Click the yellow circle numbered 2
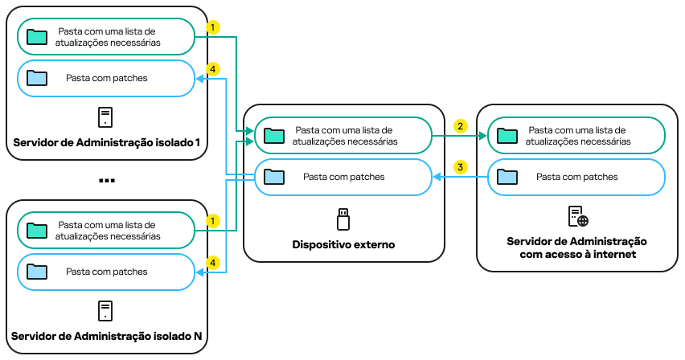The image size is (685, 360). [460, 126]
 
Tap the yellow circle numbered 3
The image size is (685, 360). [460, 167]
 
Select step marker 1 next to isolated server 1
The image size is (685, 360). [212, 27]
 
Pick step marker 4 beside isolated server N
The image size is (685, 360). [212, 262]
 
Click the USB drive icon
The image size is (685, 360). [343, 218]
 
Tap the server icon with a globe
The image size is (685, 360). [577, 216]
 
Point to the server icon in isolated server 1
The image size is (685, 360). [105, 117]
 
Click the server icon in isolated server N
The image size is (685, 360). [105, 310]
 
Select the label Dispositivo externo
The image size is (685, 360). [343, 243]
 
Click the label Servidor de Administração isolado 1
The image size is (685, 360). [106, 143]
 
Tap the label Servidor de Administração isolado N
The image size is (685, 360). [106, 335]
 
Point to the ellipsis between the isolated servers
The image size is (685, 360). [106, 181]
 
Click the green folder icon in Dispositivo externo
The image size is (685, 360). [275, 135]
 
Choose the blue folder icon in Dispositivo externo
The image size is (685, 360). [275, 176]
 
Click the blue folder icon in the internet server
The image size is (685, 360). [508, 176]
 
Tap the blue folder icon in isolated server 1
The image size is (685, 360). [37, 78]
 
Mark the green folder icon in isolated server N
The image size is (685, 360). [37, 231]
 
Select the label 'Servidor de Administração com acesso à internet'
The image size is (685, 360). [577, 248]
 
